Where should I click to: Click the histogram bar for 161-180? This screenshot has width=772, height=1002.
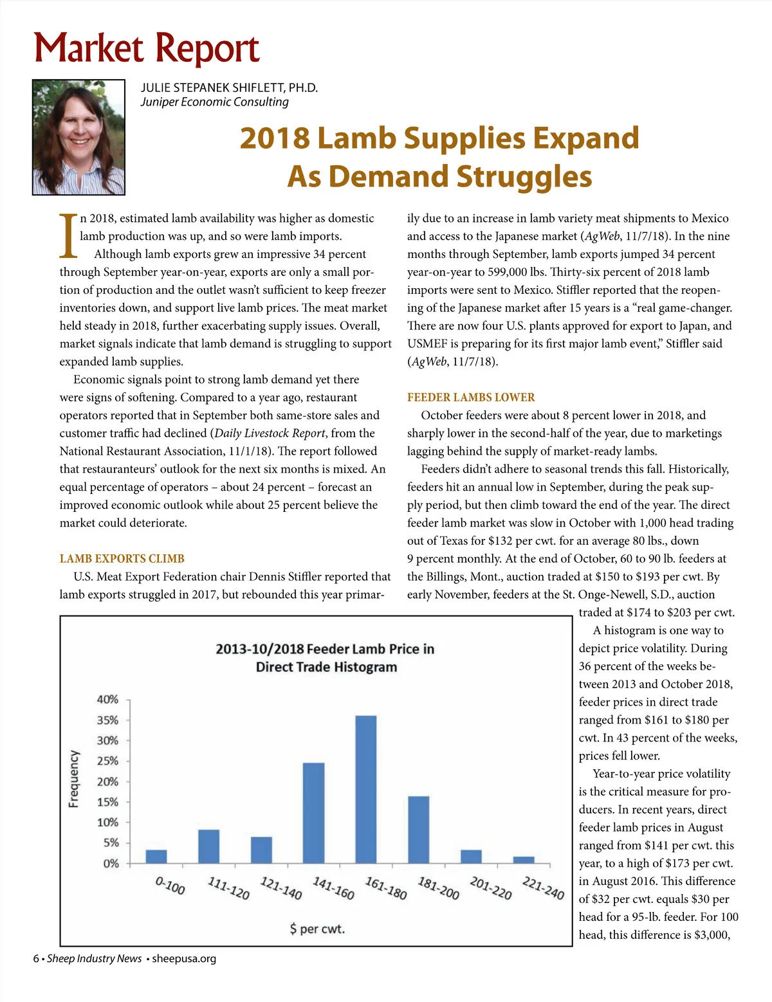(x=365, y=789)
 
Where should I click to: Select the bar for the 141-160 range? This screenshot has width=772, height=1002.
(x=313, y=813)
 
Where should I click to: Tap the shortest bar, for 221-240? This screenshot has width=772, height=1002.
(x=524, y=860)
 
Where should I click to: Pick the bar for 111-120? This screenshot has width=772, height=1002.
(x=208, y=846)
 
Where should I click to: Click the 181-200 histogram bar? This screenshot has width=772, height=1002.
(x=418, y=830)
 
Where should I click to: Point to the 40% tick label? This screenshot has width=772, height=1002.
(x=107, y=699)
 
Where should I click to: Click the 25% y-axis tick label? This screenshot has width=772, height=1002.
(x=107, y=761)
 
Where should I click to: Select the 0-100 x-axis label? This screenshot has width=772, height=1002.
(x=170, y=886)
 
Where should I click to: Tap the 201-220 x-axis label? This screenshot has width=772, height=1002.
(x=491, y=888)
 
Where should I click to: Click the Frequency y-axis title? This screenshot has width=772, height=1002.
(x=74, y=778)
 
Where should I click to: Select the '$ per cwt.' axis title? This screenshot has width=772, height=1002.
(x=317, y=929)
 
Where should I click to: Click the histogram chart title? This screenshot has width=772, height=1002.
(x=326, y=657)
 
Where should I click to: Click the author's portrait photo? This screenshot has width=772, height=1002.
(x=78, y=137)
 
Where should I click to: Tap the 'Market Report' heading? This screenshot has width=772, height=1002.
(x=147, y=49)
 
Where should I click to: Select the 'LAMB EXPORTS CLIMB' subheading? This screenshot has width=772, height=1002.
(x=122, y=558)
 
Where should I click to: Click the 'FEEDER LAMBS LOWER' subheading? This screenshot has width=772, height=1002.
(x=471, y=397)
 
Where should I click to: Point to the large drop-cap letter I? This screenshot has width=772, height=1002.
(x=68, y=235)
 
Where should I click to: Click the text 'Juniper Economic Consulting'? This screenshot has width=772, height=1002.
(x=215, y=102)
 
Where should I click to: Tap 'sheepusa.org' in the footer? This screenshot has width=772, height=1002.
(x=184, y=958)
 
